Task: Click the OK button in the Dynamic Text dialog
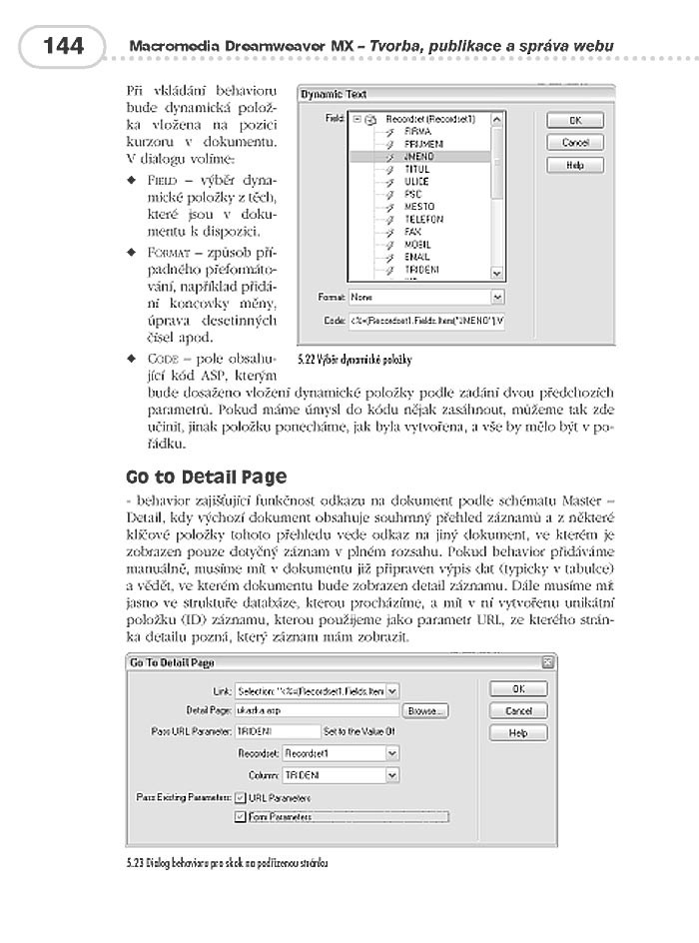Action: [574, 121]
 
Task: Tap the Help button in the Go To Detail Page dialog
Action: [517, 732]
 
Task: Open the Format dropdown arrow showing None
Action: [497, 298]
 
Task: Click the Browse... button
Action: [425, 711]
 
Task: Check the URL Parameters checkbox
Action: [240, 797]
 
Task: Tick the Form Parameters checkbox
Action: [240, 817]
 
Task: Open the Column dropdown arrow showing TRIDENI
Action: [392, 774]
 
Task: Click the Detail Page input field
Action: [317, 711]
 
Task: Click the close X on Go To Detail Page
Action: [547, 662]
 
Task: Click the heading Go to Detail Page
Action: [206, 476]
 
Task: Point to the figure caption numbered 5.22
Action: [353, 358]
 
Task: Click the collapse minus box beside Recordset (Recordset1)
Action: [356, 119]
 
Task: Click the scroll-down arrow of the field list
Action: [497, 272]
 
